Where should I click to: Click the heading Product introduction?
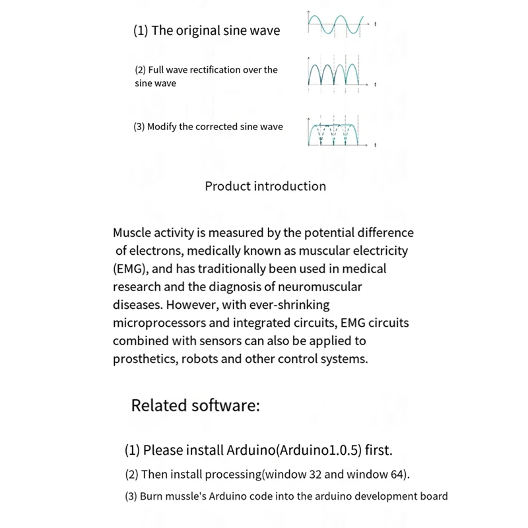click(265, 186)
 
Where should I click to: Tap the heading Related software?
click(195, 405)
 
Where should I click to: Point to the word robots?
click(207, 359)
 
